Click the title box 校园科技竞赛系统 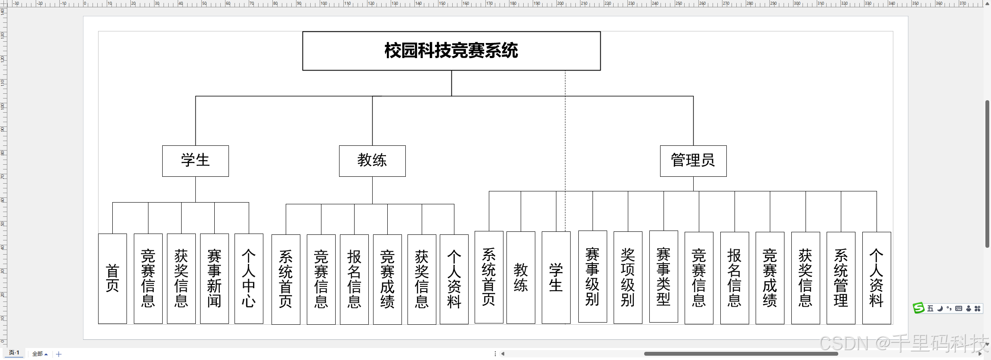[x=451, y=51]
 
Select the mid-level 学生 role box [x=195, y=161]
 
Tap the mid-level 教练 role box [x=372, y=161]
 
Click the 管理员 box [x=693, y=161]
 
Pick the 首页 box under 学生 [x=112, y=278]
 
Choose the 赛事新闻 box [x=214, y=278]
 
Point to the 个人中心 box [x=249, y=278]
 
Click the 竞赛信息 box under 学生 [x=148, y=278]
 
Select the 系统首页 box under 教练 [x=286, y=279]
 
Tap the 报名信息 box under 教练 [x=354, y=279]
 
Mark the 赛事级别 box [x=593, y=277]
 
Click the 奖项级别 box [x=628, y=277]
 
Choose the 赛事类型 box [x=664, y=277]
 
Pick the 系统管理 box [x=841, y=278]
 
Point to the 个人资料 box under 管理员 [x=877, y=278]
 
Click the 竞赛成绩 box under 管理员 [x=770, y=278]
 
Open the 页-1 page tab [x=14, y=353]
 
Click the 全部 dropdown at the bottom [x=40, y=354]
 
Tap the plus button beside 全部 [x=59, y=354]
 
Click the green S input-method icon [x=919, y=308]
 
